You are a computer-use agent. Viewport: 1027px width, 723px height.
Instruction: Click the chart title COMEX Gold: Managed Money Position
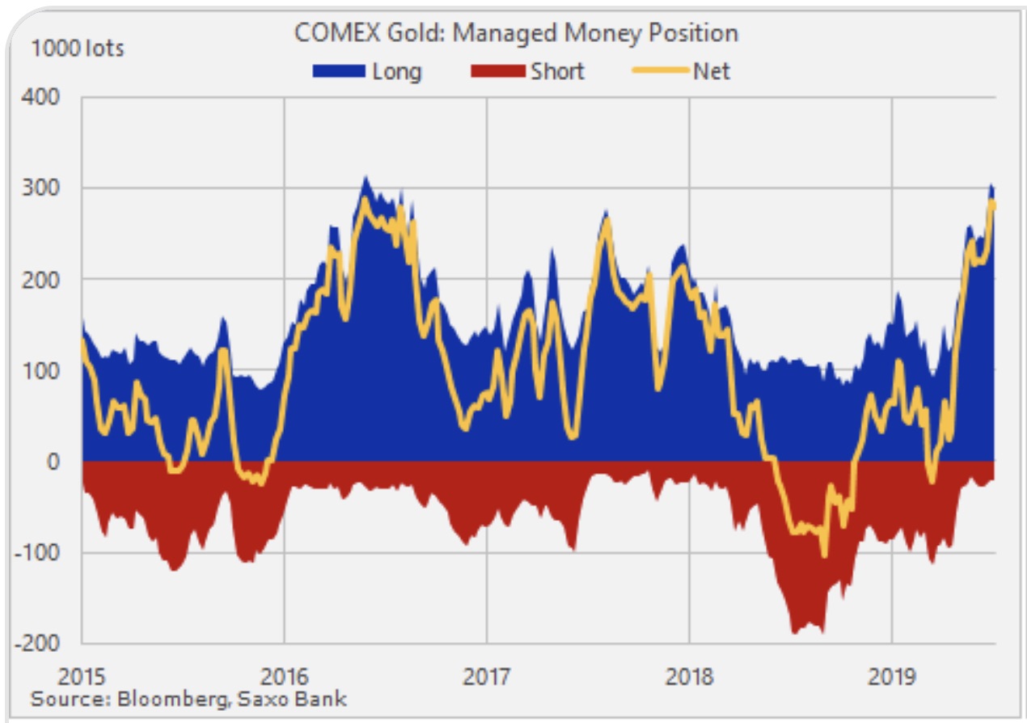coord(516,33)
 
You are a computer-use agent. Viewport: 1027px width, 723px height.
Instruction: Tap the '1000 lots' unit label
coord(78,49)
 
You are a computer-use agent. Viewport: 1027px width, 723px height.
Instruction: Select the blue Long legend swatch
coord(338,72)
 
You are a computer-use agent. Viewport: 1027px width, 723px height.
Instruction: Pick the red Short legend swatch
coord(496,72)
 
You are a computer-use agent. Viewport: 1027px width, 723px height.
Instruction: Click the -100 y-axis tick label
coord(40,553)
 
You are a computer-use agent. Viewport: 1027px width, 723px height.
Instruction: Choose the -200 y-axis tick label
coord(40,644)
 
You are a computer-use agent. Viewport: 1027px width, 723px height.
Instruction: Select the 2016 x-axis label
coord(284,675)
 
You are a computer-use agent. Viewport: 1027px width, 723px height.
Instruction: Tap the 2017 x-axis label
coord(486,675)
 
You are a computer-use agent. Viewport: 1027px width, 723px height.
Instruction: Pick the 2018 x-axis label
coord(689,675)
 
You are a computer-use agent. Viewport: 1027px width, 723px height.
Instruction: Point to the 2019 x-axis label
coord(891,675)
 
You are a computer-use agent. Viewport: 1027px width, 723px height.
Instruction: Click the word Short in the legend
coord(557,72)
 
